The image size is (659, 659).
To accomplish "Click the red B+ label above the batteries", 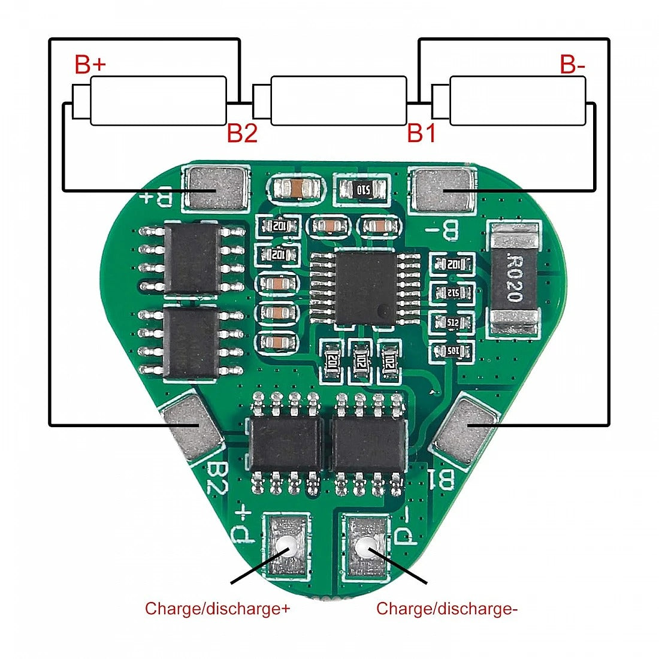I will coord(90,65).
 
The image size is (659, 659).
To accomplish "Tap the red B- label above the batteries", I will coord(572,65).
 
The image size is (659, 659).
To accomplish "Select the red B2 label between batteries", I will coord(242,134).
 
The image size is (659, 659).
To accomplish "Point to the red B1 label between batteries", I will coord(422,134).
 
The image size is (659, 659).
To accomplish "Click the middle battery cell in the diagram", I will coord(338,101).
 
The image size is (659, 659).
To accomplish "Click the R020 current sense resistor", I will coord(514,278).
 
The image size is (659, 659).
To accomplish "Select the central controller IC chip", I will coord(365,286).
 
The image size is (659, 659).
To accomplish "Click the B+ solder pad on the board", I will coord(217,189).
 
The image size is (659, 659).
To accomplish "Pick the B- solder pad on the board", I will coord(443,190).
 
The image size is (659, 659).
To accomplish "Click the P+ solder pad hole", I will coord(288,546).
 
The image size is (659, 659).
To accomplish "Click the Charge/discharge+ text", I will coord(217,609).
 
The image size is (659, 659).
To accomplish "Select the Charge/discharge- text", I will coord(447,609).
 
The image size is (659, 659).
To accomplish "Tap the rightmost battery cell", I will coord(516,101).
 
